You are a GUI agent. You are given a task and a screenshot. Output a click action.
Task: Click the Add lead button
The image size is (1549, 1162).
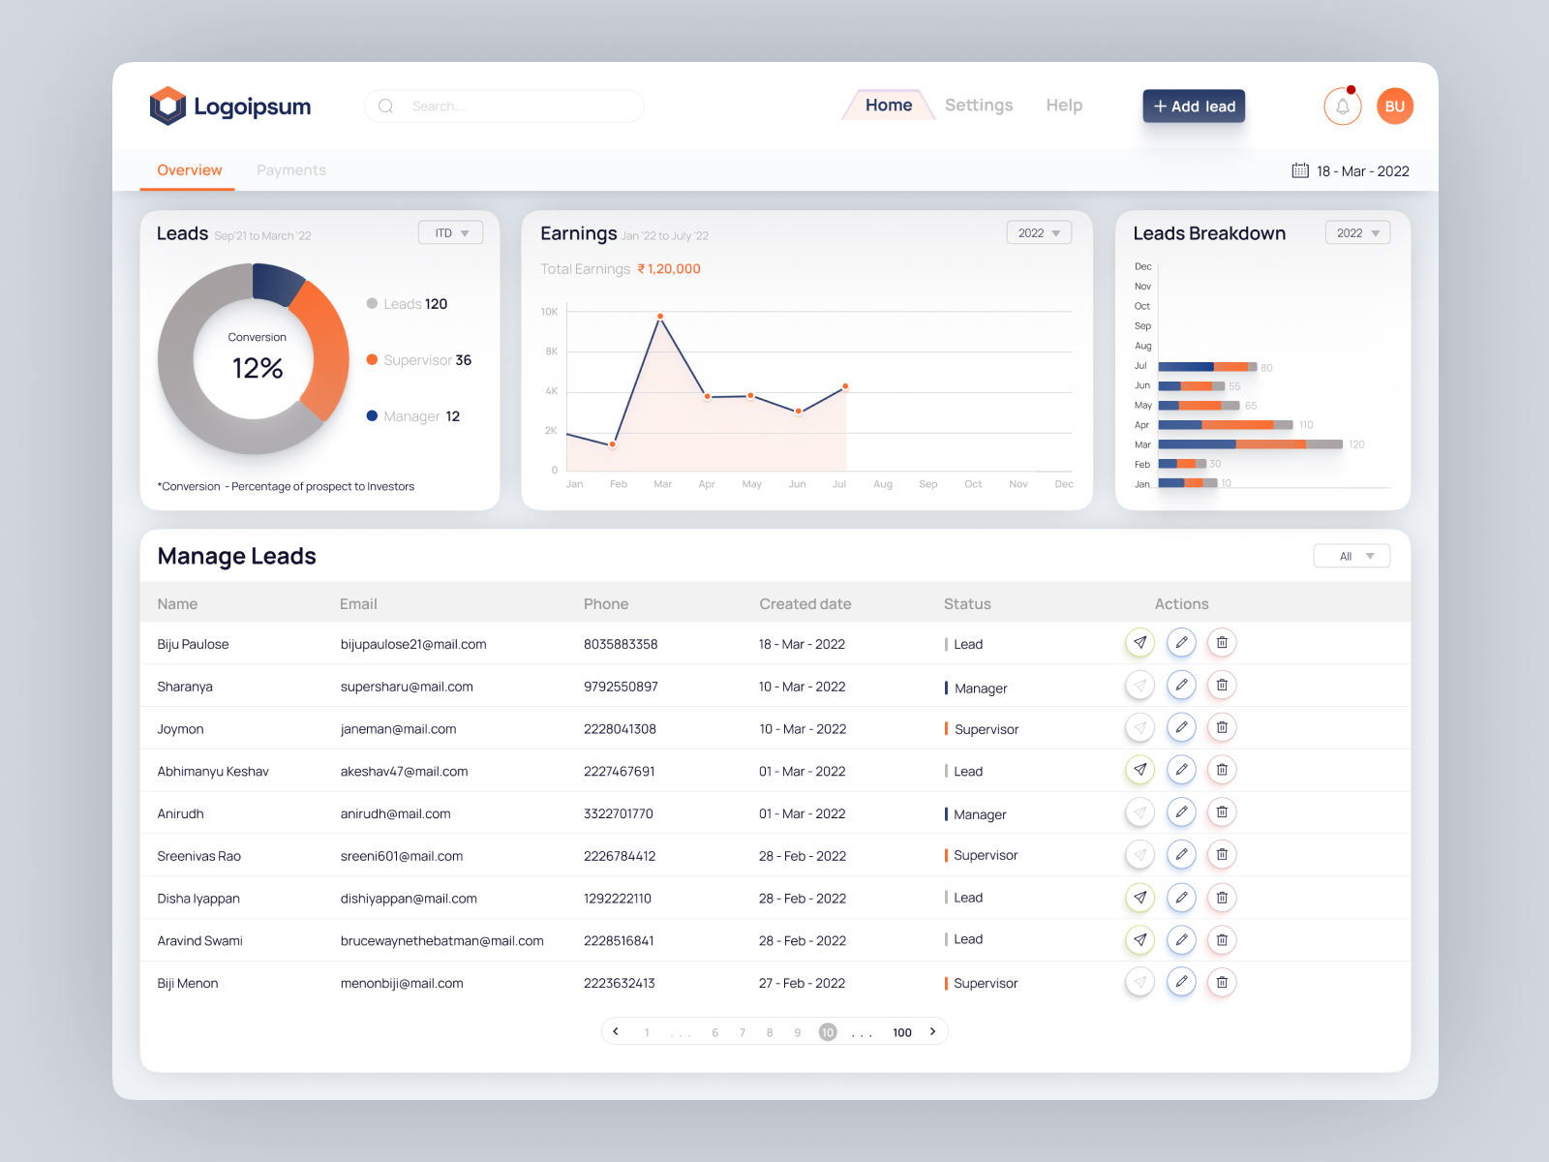(1194, 107)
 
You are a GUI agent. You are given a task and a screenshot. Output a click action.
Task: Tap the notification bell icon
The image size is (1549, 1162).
(1343, 107)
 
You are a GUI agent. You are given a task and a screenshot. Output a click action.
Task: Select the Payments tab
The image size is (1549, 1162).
(291, 170)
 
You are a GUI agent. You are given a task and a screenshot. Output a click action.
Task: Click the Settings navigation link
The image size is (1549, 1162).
(979, 106)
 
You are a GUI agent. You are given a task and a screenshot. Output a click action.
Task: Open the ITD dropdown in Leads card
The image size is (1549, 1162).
(451, 233)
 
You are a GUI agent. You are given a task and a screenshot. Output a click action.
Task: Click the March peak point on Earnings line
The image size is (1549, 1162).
(660, 317)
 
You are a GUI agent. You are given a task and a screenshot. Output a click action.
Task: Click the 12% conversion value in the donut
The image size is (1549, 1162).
(258, 369)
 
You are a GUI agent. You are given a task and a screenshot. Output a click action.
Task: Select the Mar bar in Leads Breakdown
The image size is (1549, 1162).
(1250, 444)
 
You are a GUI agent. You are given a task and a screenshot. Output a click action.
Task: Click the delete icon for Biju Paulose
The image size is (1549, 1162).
(1222, 643)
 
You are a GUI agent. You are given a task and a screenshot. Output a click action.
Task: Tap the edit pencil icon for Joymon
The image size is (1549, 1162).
(1181, 728)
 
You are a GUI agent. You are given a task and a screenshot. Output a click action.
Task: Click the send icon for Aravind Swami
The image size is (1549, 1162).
(1140, 940)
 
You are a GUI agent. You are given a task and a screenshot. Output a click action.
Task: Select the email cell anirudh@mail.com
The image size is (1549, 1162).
(396, 814)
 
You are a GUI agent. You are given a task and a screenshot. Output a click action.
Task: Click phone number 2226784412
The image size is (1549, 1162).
(620, 856)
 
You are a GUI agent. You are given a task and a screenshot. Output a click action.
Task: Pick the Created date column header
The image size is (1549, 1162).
(805, 604)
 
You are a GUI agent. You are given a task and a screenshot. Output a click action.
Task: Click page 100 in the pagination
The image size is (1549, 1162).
(902, 1033)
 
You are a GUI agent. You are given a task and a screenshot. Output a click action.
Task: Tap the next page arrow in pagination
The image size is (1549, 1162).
(932, 1032)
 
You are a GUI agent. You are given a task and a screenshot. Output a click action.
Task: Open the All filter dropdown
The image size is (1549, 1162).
(1352, 557)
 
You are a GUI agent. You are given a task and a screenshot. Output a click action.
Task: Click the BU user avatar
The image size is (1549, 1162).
(1394, 107)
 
